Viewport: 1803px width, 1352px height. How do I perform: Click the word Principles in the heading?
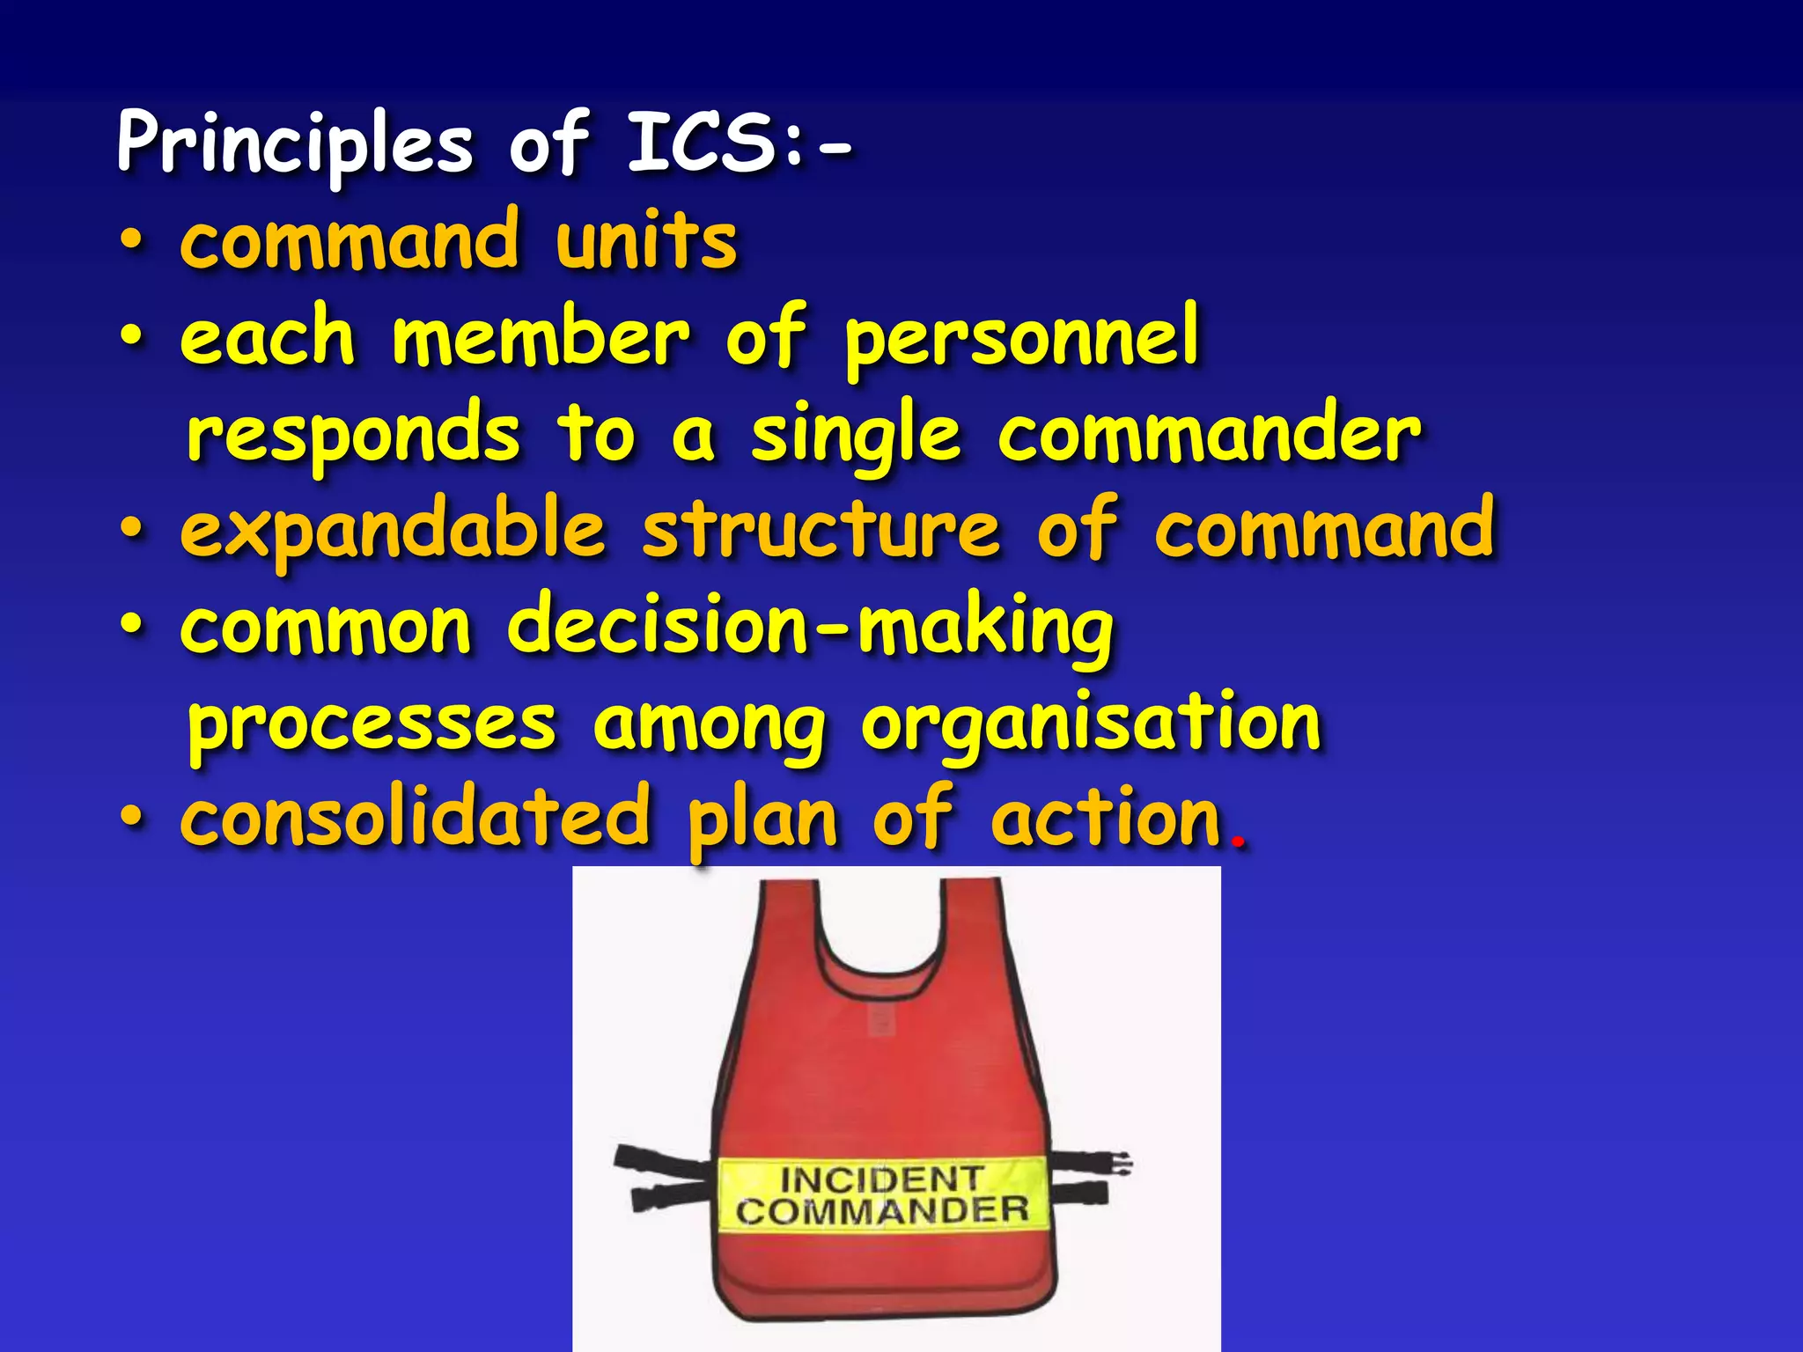coord(295,143)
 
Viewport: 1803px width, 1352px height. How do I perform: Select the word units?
coord(646,241)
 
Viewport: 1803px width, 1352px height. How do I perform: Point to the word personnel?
coord(1021,339)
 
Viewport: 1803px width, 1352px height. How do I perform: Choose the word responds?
coord(353,435)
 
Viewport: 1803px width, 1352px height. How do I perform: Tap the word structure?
coord(821,529)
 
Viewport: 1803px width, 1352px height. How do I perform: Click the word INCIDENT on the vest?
coord(881,1179)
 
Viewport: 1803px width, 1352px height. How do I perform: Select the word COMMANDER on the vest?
coord(882,1211)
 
